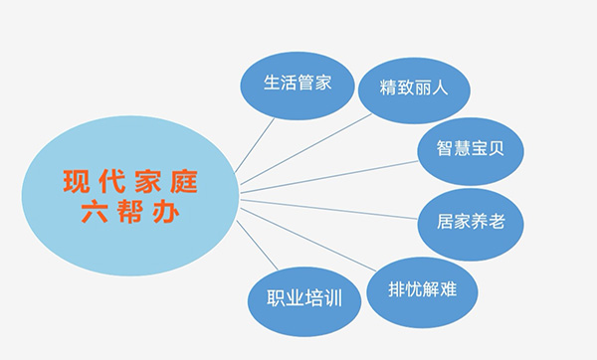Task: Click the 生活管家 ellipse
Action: tap(298, 84)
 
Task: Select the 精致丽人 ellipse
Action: tap(414, 88)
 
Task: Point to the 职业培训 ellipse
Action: tap(303, 299)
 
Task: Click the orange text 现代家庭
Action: tap(129, 183)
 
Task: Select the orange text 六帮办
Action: tap(129, 215)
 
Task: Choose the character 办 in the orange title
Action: tap(166, 215)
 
